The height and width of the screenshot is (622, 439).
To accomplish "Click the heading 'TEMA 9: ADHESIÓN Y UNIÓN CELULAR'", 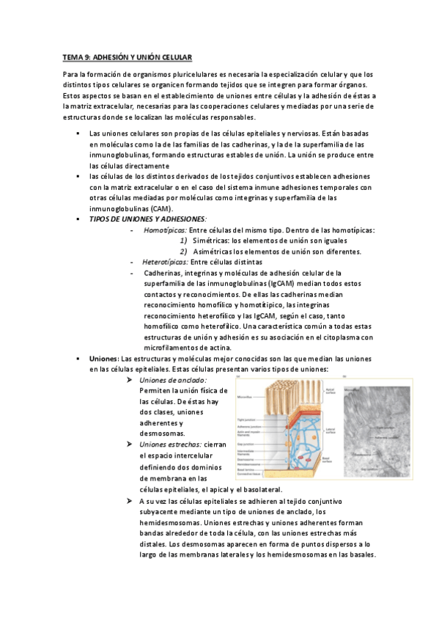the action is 127,56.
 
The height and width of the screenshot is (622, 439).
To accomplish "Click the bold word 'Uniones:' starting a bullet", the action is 104,358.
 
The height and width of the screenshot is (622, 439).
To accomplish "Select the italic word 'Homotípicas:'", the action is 165,230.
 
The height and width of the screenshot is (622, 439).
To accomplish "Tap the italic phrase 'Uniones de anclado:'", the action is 172,381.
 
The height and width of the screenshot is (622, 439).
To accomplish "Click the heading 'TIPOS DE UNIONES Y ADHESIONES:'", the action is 147,219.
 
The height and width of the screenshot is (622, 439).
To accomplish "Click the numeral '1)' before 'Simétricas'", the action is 183,241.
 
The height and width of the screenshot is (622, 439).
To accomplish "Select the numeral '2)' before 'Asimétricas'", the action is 183,252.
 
